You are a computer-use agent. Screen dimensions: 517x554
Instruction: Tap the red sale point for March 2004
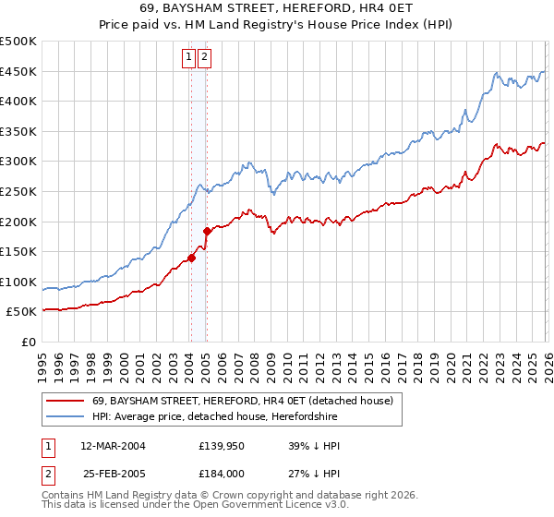point(191,258)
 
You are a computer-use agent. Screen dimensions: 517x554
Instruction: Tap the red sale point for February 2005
point(207,232)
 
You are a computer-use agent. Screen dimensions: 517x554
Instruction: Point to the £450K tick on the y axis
point(18,72)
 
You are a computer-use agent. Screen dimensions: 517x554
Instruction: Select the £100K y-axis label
point(18,282)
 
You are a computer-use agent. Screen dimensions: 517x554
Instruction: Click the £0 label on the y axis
point(28,342)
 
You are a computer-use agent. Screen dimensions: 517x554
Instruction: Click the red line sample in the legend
point(64,401)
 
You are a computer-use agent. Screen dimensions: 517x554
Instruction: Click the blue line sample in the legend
point(64,416)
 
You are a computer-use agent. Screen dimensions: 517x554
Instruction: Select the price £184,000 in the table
point(224,475)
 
